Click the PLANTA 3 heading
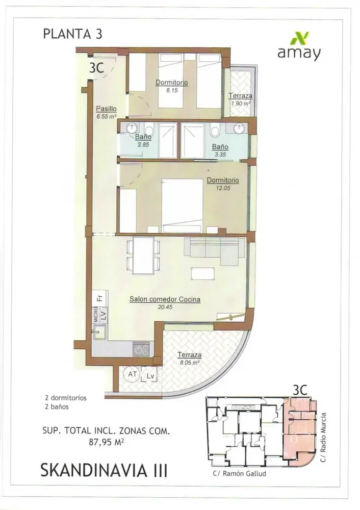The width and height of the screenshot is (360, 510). pos(72,34)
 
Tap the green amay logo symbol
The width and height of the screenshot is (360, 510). pos(299,38)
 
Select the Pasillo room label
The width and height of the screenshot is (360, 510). pos(107,109)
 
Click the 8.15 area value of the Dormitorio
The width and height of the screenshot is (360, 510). pos(172,90)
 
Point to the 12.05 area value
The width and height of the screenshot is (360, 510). pos(223,188)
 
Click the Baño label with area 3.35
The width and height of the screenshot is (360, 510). pos(220,147)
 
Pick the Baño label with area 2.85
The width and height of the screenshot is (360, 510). pos(143,137)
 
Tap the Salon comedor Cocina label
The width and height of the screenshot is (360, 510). pos(165,299)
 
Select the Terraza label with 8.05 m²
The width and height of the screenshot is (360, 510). pos(189,355)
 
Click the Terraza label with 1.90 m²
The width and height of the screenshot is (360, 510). pos(240,96)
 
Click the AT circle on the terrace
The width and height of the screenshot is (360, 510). pos(133,374)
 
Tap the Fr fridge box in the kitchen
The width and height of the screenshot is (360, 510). pos(100,298)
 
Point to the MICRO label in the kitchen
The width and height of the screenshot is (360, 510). pos(96,315)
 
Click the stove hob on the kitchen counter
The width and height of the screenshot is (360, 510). pos(141,349)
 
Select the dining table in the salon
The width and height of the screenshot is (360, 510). pos(143,256)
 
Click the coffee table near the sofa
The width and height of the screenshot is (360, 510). pos(203,273)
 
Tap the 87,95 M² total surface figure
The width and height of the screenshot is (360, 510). pos(107,442)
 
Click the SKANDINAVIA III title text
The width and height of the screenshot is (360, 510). pos(104,470)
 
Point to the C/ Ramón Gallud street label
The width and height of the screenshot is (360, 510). pos(239,474)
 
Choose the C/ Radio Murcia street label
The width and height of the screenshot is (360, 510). pos(323,438)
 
